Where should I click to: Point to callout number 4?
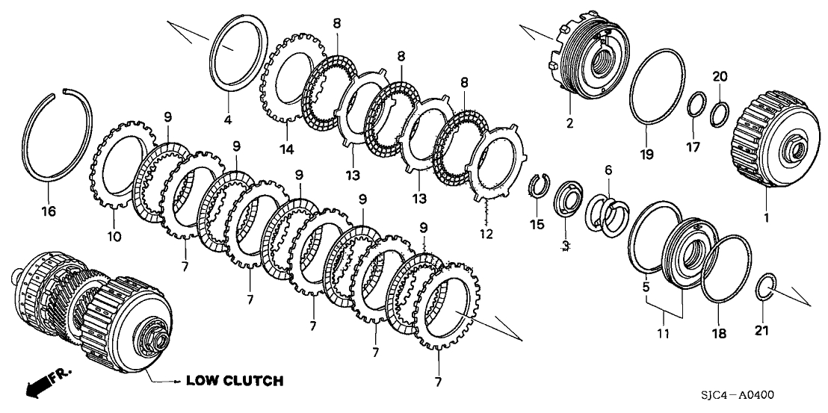228,119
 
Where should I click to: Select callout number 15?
534,223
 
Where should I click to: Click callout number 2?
569,124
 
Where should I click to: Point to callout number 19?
646,155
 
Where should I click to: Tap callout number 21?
761,329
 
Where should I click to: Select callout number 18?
718,335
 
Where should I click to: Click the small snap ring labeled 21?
765,286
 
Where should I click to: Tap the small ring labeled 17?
694,105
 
